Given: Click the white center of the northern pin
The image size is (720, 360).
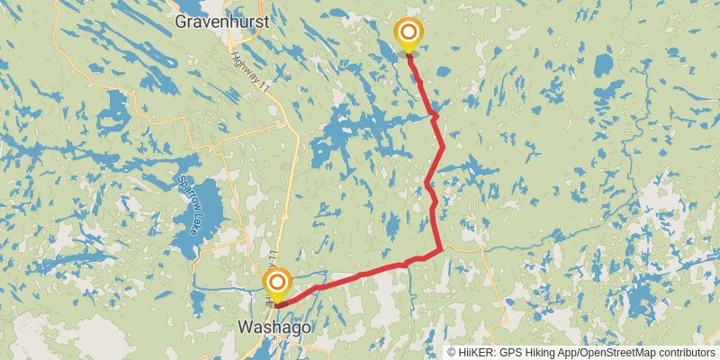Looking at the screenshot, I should [409, 31].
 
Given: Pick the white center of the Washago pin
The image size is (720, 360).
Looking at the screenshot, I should [276, 283].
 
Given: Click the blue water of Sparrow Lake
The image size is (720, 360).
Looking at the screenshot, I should [205, 202].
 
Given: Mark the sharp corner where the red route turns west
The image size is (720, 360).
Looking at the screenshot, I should [440, 250].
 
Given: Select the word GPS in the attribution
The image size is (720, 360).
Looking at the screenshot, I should [512, 353].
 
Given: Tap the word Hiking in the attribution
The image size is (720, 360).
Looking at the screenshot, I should [544, 353].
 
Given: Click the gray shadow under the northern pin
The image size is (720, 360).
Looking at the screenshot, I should [409, 55].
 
